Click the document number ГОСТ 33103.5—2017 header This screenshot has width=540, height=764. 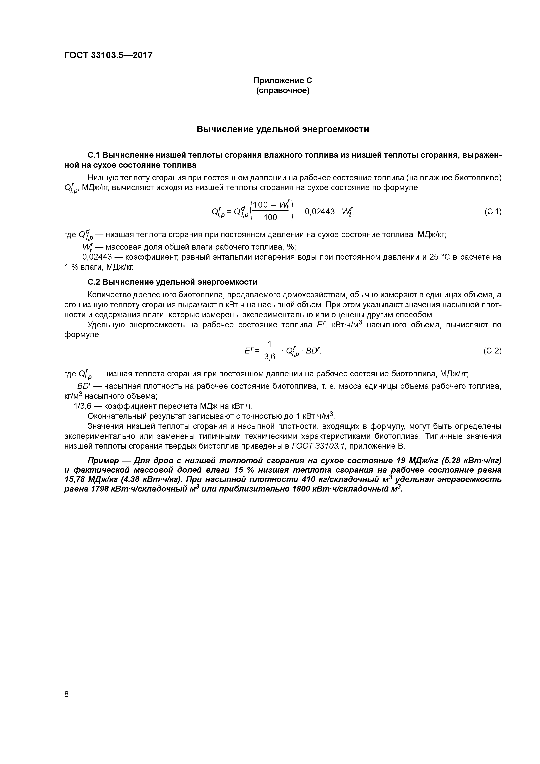tap(108, 55)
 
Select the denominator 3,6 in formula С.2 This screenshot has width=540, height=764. tap(270, 357)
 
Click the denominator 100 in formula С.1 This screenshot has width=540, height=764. tap(270, 218)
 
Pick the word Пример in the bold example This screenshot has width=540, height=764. tap(103, 461)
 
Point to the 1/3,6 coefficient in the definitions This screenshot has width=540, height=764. tap(83, 406)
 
